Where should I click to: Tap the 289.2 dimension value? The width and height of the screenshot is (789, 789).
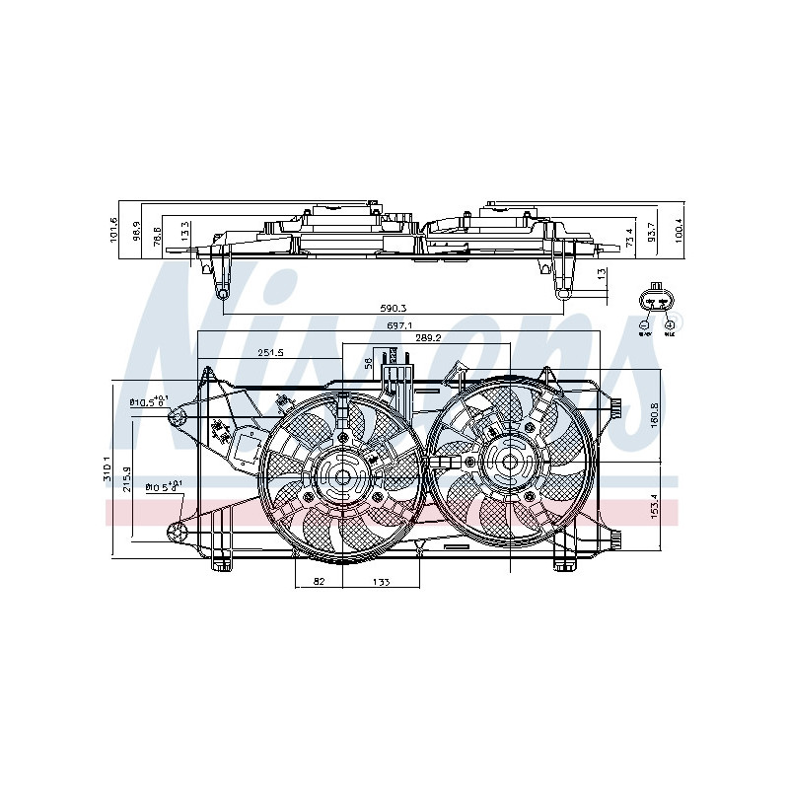point(427,338)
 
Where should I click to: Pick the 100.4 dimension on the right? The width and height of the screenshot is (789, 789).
point(678,232)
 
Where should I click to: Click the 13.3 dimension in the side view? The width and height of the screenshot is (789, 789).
point(185,233)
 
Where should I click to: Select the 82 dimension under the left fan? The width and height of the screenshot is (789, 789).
point(319,582)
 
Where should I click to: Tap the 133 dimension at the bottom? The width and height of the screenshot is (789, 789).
point(382,582)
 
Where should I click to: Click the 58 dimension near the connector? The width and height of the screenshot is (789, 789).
point(370,364)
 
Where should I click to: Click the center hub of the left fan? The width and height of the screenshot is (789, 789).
point(343,478)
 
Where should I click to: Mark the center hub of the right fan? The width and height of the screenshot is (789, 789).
point(509,461)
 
